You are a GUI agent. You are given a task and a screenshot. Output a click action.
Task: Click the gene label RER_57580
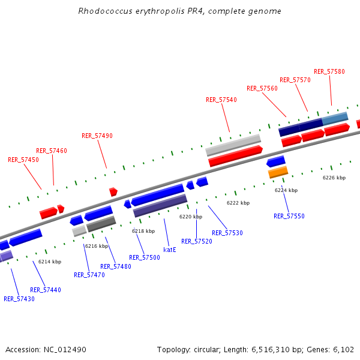tap(329, 71)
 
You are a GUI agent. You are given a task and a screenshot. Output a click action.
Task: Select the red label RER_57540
tap(221, 100)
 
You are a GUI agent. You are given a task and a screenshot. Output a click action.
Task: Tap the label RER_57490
tap(97, 136)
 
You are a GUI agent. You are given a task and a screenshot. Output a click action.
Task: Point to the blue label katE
tap(170, 249)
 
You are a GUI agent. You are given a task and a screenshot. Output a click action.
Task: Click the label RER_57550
tap(289, 216)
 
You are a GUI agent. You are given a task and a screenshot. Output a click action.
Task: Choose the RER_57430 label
tap(19, 299)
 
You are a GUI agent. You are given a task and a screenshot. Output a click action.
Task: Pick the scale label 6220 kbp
tap(191, 217)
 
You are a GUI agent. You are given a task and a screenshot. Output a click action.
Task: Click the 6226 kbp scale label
tap(334, 178)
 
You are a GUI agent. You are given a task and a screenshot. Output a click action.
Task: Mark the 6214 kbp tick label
tap(50, 262)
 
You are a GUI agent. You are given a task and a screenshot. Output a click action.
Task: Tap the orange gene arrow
tap(278, 172)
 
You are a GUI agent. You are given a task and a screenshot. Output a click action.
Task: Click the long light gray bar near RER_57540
tap(233, 145)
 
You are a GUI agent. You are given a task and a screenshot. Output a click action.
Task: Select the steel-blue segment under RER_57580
tap(335, 118)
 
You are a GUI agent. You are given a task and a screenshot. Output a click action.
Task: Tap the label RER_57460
tap(52, 151)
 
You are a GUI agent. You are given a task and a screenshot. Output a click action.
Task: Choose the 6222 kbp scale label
tap(238, 203)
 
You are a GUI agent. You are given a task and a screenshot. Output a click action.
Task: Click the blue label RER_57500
tap(144, 257)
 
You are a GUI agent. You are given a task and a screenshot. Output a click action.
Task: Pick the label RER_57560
tap(262, 88)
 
